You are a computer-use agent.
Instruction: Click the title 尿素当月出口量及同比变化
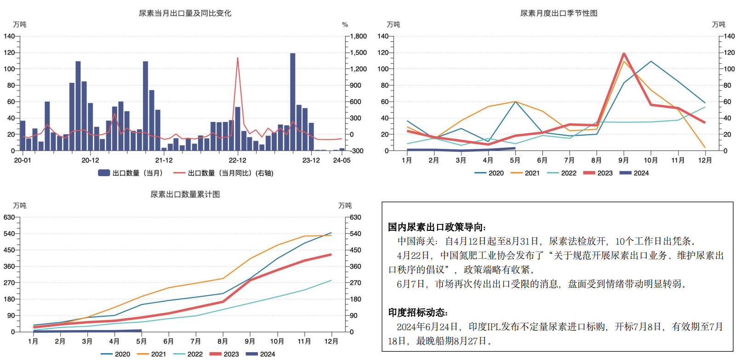coord(185,13)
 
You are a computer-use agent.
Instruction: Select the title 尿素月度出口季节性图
coord(558,13)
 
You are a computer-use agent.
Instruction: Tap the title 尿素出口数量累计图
coord(185,194)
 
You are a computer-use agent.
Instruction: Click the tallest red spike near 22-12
coord(238,58)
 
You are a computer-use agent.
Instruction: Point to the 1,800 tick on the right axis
coord(358,36)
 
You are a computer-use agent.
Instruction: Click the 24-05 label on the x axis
coord(342,160)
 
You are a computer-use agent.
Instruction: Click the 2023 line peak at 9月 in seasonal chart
coord(624,54)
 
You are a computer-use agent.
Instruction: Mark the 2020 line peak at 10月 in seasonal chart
coord(651,62)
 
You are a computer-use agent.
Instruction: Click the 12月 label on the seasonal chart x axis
coord(705,160)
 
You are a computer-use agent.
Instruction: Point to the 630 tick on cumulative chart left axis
coord(9,217)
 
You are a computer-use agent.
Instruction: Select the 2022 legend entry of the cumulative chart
coord(188,354)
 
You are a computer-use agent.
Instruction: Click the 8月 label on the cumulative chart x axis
coord(223,342)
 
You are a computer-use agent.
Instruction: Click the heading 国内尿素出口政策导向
coord(437,227)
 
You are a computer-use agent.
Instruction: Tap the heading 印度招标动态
coord(418,313)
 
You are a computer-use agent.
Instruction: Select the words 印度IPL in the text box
coord(484,327)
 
